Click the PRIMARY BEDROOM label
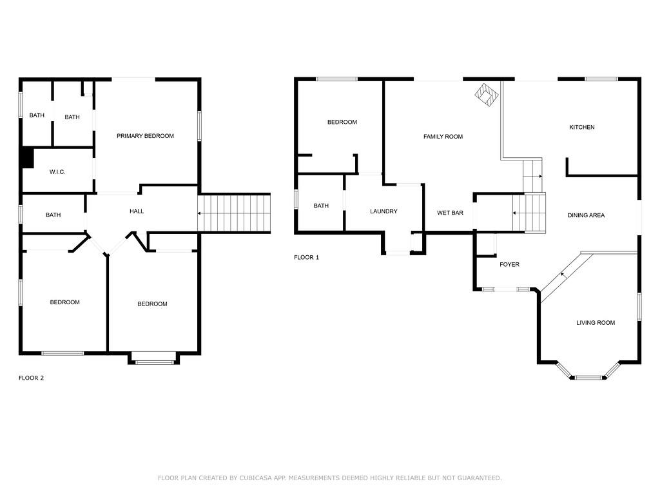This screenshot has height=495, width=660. tap(145, 136)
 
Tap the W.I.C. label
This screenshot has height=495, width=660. tap(57, 171)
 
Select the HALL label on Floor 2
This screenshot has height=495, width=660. tap(137, 211)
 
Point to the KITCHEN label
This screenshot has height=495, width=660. tap(582, 127)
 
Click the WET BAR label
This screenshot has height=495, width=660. tap(450, 213)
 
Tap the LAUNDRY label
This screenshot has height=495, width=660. tap(383, 211)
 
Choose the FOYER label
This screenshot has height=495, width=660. tap(509, 264)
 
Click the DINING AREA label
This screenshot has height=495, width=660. tap(586, 215)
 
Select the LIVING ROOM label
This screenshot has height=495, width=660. tap(596, 323)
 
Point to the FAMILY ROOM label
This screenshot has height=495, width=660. tap(443, 137)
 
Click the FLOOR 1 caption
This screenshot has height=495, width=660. tap(306, 257)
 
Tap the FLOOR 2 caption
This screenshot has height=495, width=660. tap(31, 378)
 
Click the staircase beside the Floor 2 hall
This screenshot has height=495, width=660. tap(234, 213)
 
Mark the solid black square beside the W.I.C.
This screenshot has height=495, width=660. tap(27, 157)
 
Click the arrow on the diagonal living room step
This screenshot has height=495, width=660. tap(563, 275)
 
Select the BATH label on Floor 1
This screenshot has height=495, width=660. tap(321, 206)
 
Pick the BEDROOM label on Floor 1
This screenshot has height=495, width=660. tap(342, 122)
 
